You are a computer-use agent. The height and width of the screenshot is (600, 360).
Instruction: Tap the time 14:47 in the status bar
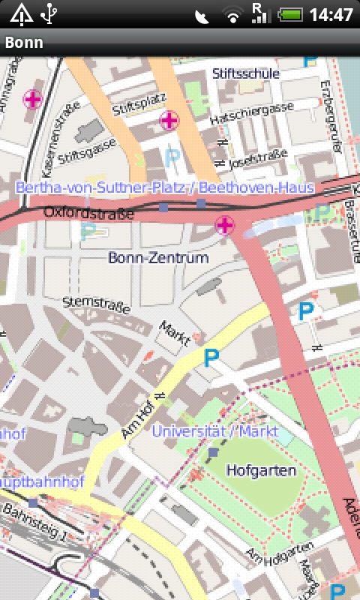click(331, 14)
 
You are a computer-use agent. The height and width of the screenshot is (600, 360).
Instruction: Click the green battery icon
click(289, 14)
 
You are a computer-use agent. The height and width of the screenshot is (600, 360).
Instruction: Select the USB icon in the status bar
click(49, 13)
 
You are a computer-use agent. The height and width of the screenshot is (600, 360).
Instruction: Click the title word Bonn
click(24, 43)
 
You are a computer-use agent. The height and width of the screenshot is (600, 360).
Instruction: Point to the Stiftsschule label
click(245, 73)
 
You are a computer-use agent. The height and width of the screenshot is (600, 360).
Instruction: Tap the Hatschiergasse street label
click(251, 109)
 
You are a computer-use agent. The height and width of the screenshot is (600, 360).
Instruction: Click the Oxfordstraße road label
click(88, 214)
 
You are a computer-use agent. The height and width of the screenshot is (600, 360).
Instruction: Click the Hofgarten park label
click(262, 471)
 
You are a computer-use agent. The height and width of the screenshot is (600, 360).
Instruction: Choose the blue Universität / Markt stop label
click(214, 431)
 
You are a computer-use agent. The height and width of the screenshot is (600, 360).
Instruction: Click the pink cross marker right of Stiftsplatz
click(169, 119)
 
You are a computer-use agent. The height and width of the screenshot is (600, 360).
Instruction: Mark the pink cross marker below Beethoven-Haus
click(224, 223)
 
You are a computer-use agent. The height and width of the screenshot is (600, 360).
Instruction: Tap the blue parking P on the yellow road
click(213, 358)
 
